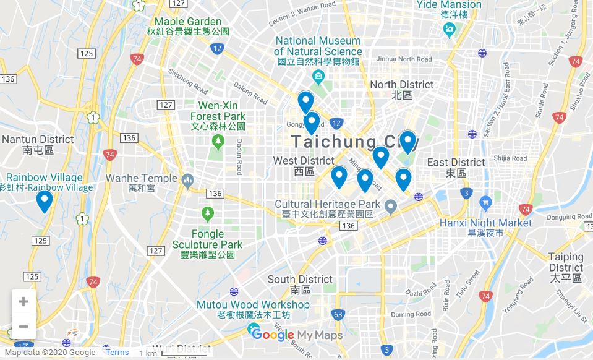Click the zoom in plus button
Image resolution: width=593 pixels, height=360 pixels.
point(23,302)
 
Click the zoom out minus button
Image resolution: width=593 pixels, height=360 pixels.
point(23,327)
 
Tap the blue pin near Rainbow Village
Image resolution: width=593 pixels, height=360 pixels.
point(44,201)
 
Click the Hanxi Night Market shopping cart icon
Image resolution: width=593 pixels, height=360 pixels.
point(485,202)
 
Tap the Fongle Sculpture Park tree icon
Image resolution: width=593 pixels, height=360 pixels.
point(208,214)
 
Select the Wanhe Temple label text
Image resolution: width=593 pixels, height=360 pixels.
point(141,178)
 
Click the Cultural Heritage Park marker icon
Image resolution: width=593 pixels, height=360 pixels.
point(390,205)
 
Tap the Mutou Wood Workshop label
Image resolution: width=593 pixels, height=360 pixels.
point(253,305)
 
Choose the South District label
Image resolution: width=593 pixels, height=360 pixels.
point(300,280)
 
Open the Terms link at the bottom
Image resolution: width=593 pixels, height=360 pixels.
point(117,353)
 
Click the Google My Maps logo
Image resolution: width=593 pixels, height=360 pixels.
point(296,335)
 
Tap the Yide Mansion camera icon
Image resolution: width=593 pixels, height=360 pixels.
point(450,28)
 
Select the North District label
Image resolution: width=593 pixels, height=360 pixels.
point(402,85)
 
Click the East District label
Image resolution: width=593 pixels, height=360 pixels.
point(456,163)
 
